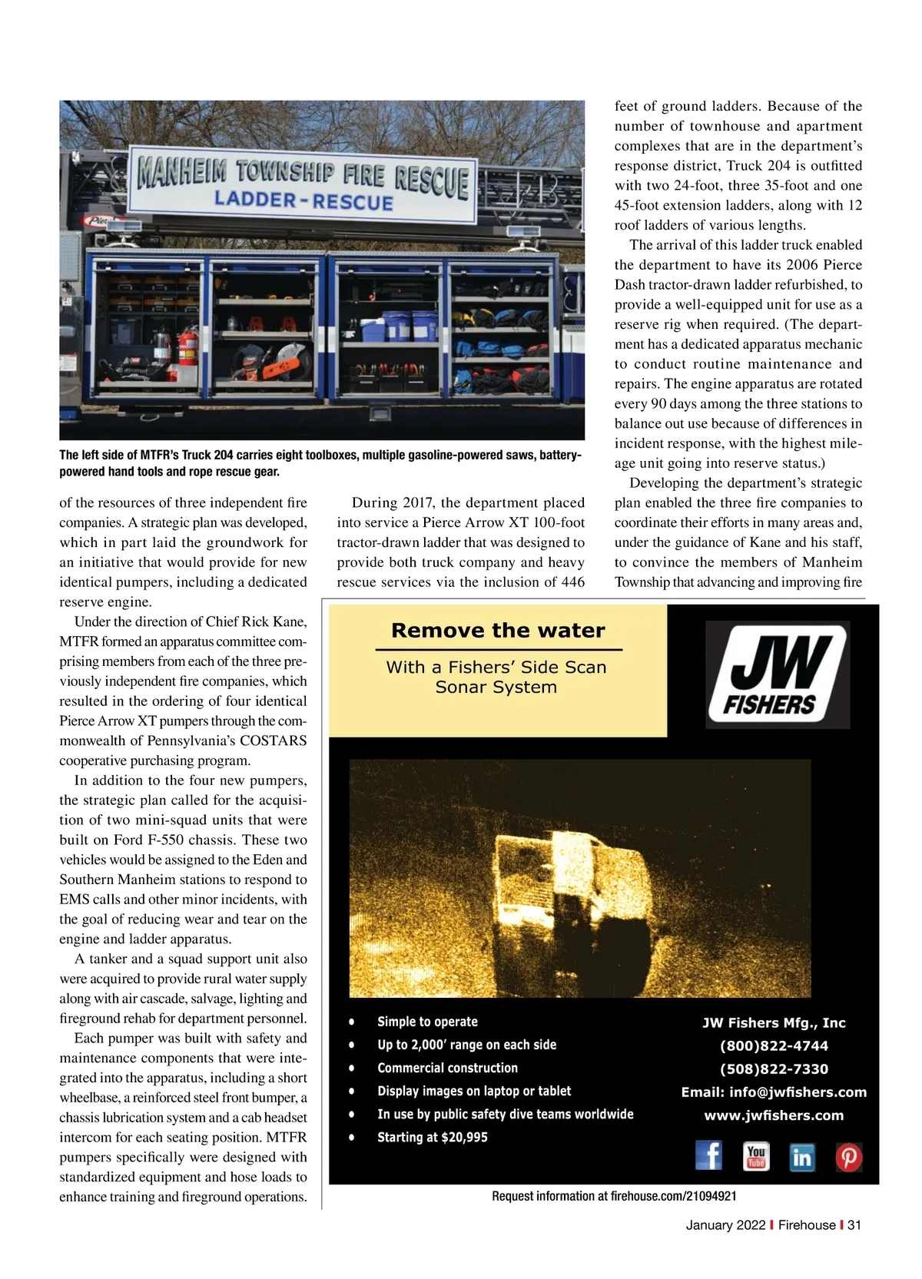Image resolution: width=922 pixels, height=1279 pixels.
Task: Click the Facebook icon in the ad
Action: tap(708, 1155)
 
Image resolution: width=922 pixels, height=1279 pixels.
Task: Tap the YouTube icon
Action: tap(756, 1155)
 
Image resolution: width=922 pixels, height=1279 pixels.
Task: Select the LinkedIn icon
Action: tap(801, 1156)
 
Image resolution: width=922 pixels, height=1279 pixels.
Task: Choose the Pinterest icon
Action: tap(848, 1156)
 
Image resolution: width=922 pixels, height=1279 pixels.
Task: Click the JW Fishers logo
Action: tap(777, 674)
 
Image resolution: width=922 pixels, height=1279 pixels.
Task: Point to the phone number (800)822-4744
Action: tap(774, 1045)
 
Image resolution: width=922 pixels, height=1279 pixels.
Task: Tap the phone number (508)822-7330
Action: tap(774, 1069)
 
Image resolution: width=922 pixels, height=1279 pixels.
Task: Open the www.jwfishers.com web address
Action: tap(774, 1115)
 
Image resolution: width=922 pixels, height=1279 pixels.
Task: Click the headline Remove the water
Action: tap(498, 631)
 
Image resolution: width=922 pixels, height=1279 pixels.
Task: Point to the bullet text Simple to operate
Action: tap(427, 1022)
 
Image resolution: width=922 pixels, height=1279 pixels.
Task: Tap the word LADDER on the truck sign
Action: tap(255, 199)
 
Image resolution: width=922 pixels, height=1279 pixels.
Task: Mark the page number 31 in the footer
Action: tap(854, 1225)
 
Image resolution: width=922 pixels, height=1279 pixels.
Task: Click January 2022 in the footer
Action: tap(725, 1225)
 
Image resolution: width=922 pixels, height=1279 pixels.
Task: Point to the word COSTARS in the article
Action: tap(273, 741)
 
